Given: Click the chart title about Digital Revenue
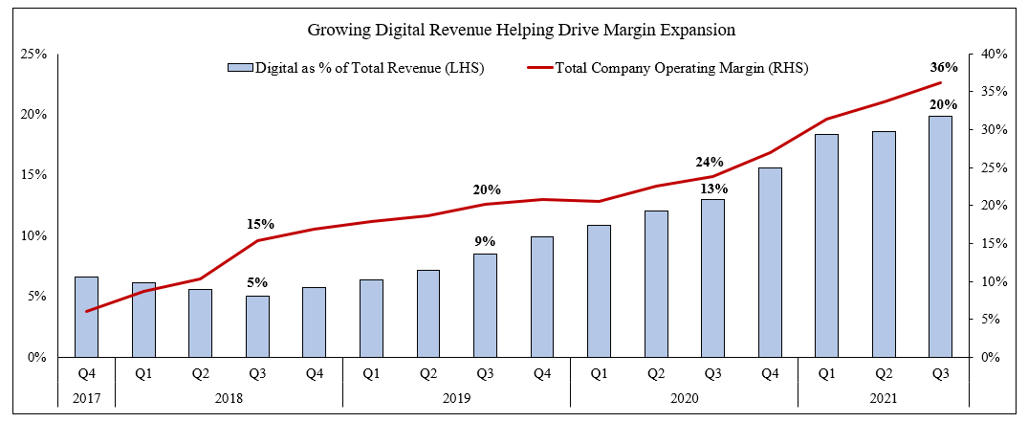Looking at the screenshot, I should point(521,30).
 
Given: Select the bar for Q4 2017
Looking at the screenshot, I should point(86,317).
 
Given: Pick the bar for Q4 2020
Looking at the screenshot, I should point(770,262).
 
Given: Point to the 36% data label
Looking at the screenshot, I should point(943,68).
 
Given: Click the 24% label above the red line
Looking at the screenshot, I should point(711,162).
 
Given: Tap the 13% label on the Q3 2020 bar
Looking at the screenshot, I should point(711,188).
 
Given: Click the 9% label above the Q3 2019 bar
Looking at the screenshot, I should point(486,242).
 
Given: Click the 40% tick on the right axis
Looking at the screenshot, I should point(995,54).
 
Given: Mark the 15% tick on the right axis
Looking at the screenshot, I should point(995,243).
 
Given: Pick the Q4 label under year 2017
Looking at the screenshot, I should point(86,371).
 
